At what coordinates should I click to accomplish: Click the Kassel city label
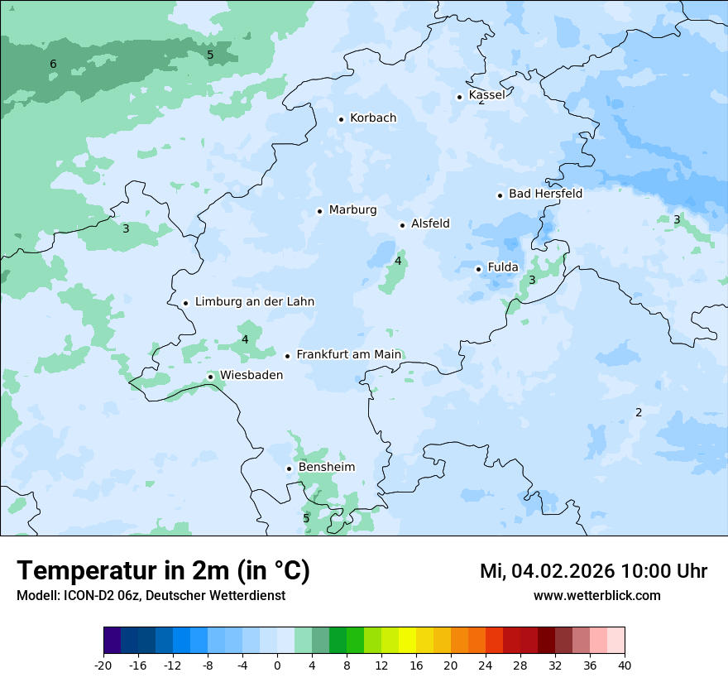point(486,95)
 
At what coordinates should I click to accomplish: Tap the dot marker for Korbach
point(341,119)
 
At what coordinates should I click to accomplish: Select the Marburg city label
point(352,210)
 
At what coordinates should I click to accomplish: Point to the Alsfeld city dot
point(403,225)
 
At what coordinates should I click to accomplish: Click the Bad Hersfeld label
point(545,194)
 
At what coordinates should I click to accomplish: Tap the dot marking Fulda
point(479,269)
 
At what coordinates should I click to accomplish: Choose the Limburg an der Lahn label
point(254,302)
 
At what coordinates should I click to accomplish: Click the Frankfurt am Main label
point(348,354)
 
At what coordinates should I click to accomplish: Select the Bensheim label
point(326,468)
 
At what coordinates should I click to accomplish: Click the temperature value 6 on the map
point(53,65)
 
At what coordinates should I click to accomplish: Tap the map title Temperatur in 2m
point(163,571)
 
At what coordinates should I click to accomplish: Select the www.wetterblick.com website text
point(596,596)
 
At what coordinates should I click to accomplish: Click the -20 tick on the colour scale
point(103,664)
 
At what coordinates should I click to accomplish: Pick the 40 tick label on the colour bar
point(625,664)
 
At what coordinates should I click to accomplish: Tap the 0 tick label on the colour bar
point(277,664)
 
